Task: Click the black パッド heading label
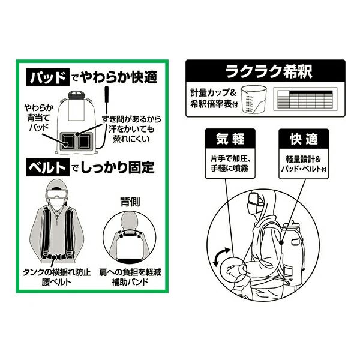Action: (x=47, y=77)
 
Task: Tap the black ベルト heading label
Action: (x=47, y=167)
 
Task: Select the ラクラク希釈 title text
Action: (x=268, y=71)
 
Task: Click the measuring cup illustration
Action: (x=253, y=99)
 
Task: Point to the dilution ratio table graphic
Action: (x=305, y=99)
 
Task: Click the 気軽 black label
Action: (x=230, y=139)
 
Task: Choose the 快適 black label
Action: (x=304, y=139)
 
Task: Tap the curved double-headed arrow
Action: (x=220, y=257)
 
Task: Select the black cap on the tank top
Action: (x=77, y=94)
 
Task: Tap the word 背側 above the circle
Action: (x=130, y=202)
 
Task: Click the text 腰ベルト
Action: (x=57, y=282)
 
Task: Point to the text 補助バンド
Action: (x=130, y=282)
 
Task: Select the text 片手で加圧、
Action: (x=230, y=158)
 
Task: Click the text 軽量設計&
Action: (x=303, y=159)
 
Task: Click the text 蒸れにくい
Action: (x=131, y=139)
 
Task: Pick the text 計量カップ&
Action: (x=213, y=93)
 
